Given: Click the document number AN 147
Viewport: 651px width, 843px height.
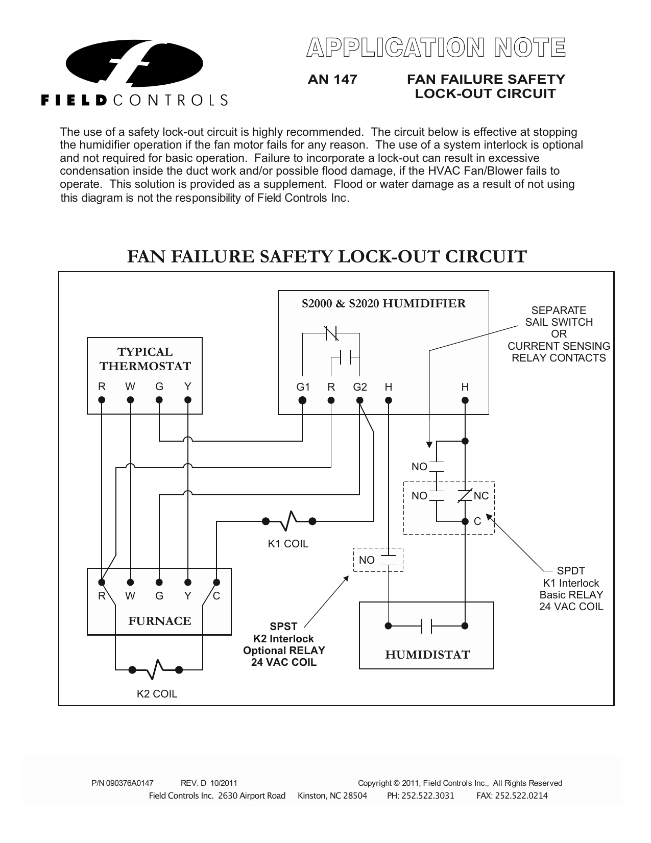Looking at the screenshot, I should [x=332, y=80].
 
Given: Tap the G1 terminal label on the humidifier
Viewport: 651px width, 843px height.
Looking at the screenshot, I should [x=303, y=387].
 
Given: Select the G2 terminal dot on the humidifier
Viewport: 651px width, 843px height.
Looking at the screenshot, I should [x=360, y=401].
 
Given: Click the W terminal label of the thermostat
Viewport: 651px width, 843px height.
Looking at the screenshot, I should [x=130, y=387].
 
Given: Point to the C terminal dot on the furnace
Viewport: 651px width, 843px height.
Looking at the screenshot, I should [x=216, y=582].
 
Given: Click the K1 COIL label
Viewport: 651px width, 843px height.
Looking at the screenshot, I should [x=288, y=544].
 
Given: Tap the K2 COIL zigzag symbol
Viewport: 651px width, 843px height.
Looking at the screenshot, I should [x=156, y=669].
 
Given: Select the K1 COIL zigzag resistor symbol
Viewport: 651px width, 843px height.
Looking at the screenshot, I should [x=289, y=521].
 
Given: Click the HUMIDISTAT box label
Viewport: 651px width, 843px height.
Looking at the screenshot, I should [x=427, y=655].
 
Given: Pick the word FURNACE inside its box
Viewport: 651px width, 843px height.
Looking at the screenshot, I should [x=159, y=621].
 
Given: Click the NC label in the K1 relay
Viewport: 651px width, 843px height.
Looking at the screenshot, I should [x=481, y=496].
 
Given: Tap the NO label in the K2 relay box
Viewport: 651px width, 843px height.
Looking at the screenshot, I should [x=367, y=560].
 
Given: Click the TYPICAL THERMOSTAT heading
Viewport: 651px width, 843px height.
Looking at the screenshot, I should [x=145, y=359].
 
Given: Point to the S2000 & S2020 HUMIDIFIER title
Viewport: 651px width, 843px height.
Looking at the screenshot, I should [x=383, y=304].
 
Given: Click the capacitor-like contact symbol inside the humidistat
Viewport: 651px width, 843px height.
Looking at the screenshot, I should [x=427, y=625].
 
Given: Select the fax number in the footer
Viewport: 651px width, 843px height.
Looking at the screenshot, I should [x=512, y=796].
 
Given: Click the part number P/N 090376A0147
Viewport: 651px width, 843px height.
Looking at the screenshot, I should [x=122, y=783].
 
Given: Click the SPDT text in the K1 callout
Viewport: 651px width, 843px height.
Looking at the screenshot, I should [x=571, y=571].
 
